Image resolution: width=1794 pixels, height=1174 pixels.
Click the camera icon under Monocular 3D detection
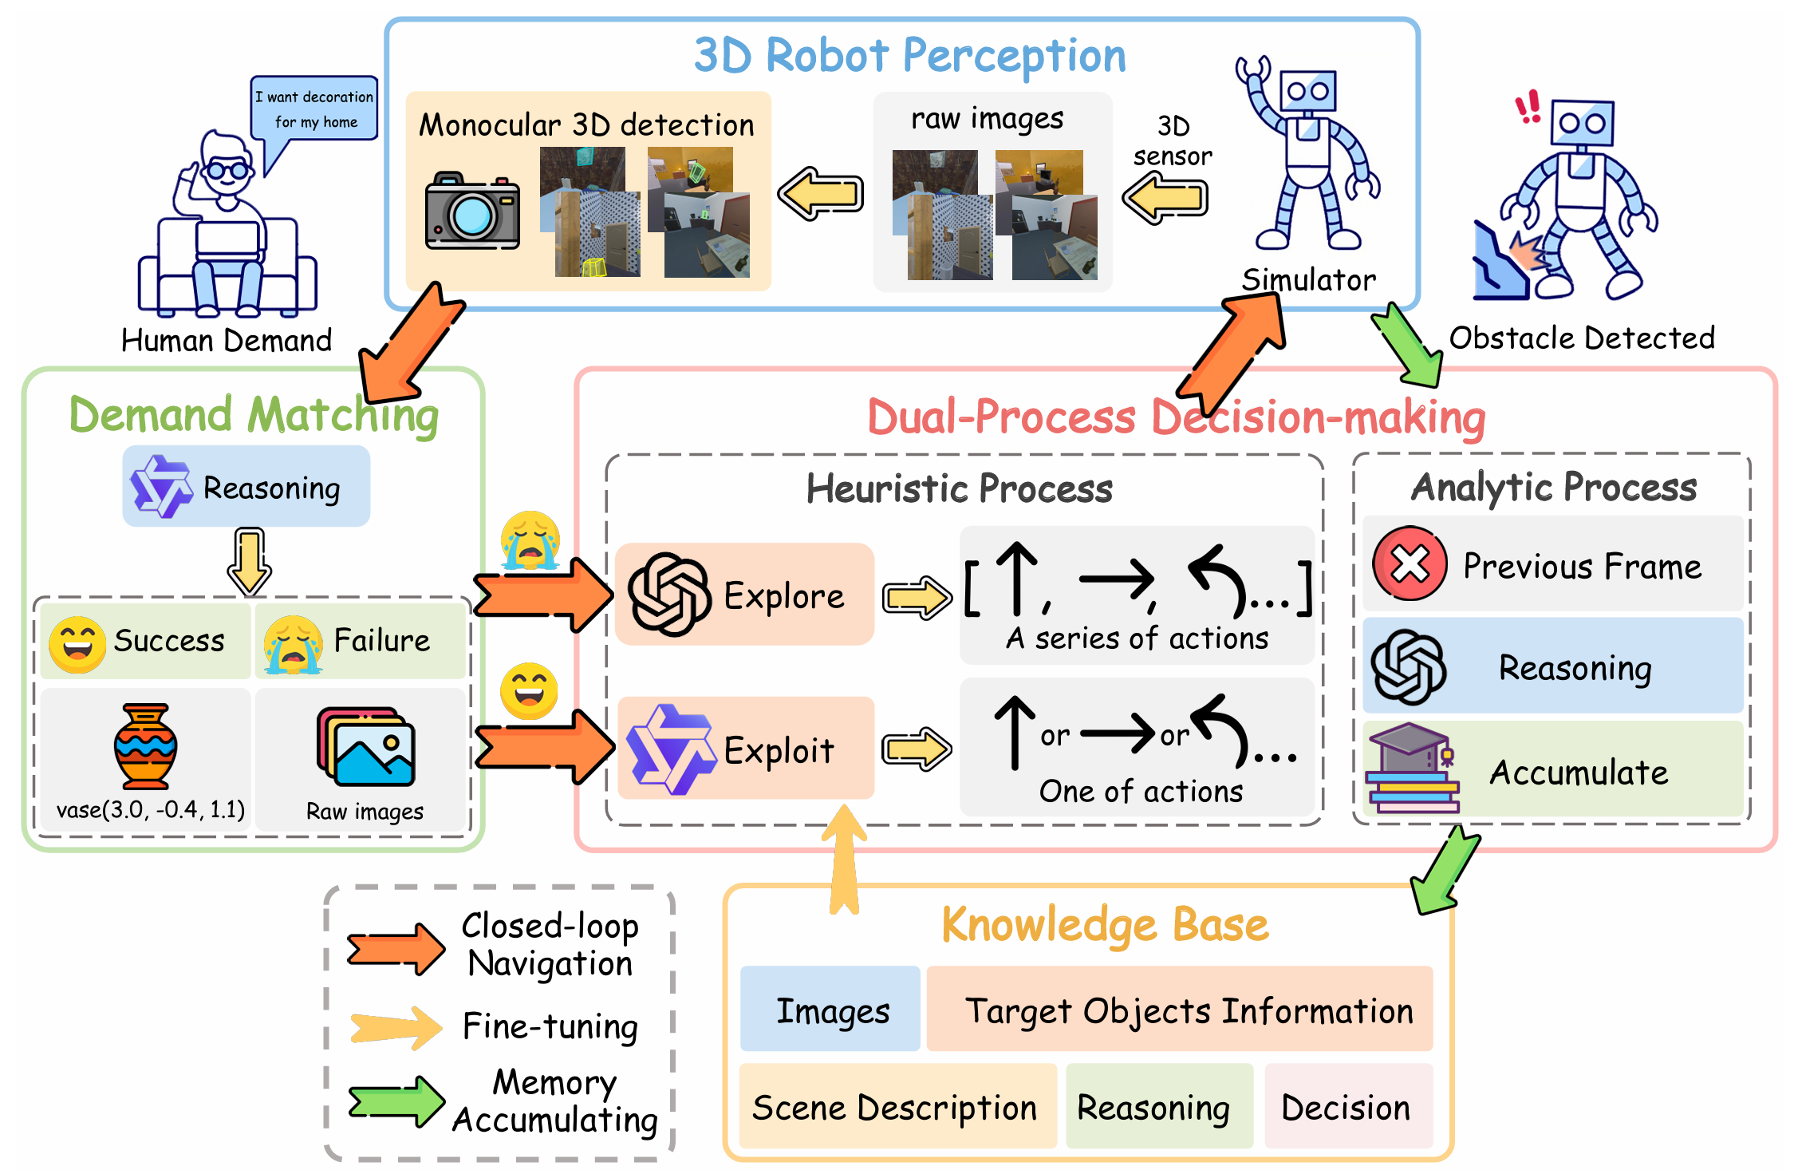point(472,211)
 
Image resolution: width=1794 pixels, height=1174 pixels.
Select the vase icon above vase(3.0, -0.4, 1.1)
point(145,746)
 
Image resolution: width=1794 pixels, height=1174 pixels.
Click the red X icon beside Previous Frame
point(1410,563)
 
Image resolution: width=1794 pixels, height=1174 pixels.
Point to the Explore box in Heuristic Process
point(745,594)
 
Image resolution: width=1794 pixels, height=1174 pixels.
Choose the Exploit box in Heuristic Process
point(745,748)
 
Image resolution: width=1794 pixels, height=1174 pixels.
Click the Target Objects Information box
point(1180,1009)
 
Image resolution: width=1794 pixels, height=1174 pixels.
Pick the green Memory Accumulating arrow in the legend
point(396,1101)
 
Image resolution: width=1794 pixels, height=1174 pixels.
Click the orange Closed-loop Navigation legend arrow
point(396,949)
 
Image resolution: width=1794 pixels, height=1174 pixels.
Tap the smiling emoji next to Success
point(77,644)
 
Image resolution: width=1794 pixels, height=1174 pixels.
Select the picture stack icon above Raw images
point(366,746)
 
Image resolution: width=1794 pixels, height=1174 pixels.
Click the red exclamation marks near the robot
point(1528,108)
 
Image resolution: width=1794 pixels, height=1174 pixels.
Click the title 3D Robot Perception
point(910,56)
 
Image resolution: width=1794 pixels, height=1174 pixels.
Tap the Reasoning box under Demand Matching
point(246,486)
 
